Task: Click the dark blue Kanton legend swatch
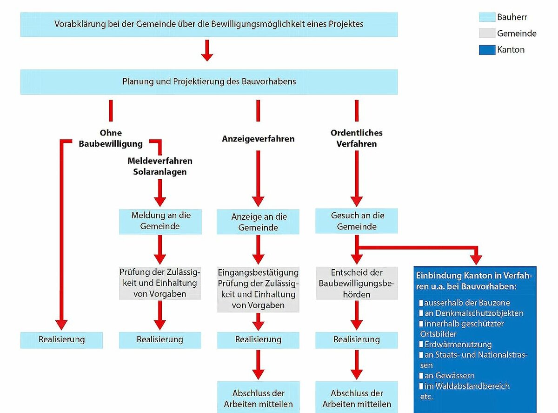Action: pos(487,50)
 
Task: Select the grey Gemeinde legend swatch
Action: pos(487,33)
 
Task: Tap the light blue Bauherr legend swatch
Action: pos(487,17)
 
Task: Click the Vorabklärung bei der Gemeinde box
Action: pos(209,24)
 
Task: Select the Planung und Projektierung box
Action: pos(209,82)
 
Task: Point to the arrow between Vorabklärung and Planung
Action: pos(207,50)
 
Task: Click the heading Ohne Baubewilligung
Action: pos(111,138)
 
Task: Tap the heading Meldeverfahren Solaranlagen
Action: pos(160,166)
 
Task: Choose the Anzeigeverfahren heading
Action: pos(258,139)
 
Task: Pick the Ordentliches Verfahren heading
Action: pos(357,138)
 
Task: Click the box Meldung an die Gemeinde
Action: pos(160,222)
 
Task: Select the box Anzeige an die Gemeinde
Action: pos(258,222)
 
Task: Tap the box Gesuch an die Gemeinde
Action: pos(357,221)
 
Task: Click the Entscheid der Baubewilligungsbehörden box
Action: pos(357,283)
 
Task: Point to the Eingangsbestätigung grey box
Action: pos(258,290)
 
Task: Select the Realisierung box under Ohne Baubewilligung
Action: pos(62,340)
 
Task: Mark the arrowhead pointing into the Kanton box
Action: pos(476,260)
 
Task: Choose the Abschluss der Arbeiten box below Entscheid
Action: pos(357,399)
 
